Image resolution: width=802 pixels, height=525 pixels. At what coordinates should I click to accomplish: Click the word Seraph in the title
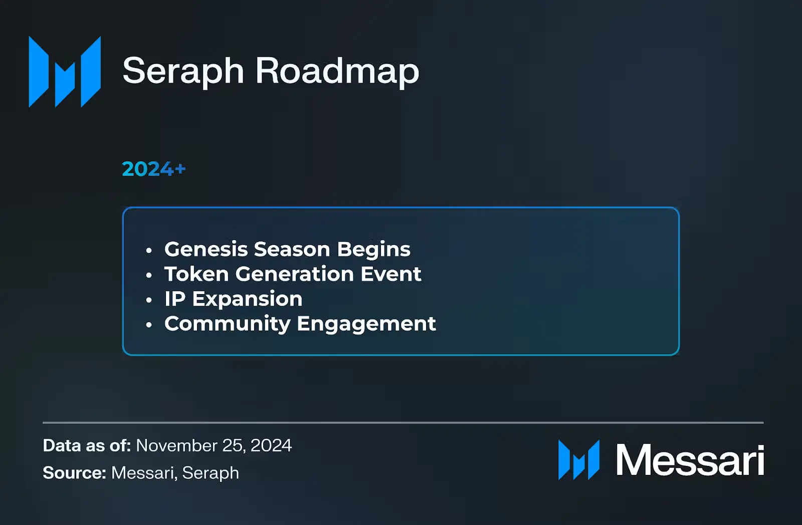point(183,72)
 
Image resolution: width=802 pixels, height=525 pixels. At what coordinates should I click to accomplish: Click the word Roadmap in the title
point(337,71)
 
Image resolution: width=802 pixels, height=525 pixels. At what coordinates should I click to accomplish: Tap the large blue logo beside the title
point(65,72)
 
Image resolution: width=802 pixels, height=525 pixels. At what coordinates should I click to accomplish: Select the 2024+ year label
point(153,169)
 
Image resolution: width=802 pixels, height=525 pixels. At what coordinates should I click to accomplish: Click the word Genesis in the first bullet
point(206,249)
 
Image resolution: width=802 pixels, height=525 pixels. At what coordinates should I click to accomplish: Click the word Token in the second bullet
point(196,274)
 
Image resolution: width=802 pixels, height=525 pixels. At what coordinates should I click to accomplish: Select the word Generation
point(295,274)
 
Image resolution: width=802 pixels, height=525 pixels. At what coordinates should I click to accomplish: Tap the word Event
point(391,274)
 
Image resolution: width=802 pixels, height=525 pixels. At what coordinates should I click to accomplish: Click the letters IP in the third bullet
point(175,299)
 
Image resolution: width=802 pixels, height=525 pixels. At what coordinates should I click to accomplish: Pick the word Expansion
point(248,300)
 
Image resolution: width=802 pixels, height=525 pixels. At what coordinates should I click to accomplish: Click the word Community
point(228,324)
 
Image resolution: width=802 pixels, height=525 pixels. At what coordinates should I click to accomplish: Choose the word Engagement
point(366,324)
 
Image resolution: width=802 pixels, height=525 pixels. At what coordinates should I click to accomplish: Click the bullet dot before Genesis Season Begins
point(149,250)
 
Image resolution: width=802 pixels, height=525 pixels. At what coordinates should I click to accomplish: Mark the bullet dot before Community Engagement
point(149,325)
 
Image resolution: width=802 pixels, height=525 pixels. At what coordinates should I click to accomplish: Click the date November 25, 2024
point(214,445)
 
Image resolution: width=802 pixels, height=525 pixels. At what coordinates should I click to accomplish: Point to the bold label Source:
point(75,473)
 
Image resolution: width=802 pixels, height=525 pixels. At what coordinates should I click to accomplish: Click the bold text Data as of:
point(87,445)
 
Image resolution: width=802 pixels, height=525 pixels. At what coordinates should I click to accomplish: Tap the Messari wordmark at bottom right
point(690,460)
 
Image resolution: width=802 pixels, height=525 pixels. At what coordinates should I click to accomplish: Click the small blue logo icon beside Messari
point(579,460)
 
